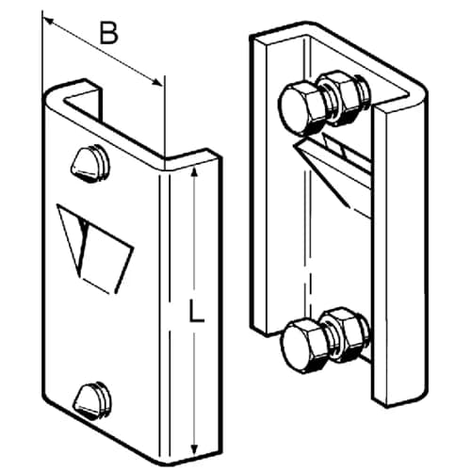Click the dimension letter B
click(108, 33)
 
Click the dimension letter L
click(197, 310)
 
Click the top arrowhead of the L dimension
click(195, 172)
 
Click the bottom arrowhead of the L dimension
click(195, 448)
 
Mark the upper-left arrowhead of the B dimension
click(48, 21)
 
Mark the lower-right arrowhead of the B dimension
click(157, 82)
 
